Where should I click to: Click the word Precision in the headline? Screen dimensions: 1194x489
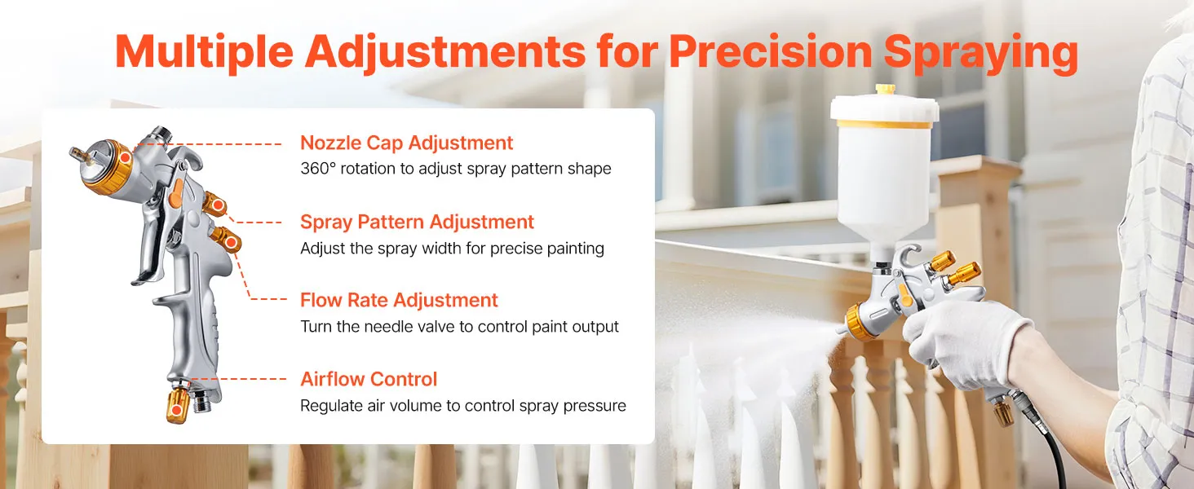(x=770, y=51)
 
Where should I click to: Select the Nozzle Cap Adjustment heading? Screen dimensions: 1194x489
(x=406, y=143)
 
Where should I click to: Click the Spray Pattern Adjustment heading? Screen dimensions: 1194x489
(x=417, y=222)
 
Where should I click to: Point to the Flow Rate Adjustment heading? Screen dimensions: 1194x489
(x=399, y=300)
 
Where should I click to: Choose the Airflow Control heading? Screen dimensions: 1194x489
(x=369, y=379)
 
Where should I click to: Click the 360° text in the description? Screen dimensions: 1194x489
(x=318, y=169)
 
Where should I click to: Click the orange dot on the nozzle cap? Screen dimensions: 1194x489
(x=125, y=157)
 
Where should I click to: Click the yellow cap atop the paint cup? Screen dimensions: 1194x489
(x=885, y=89)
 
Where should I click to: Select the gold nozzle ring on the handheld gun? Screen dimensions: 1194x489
(x=860, y=322)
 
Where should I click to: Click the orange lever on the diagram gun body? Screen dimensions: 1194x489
(x=175, y=192)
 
